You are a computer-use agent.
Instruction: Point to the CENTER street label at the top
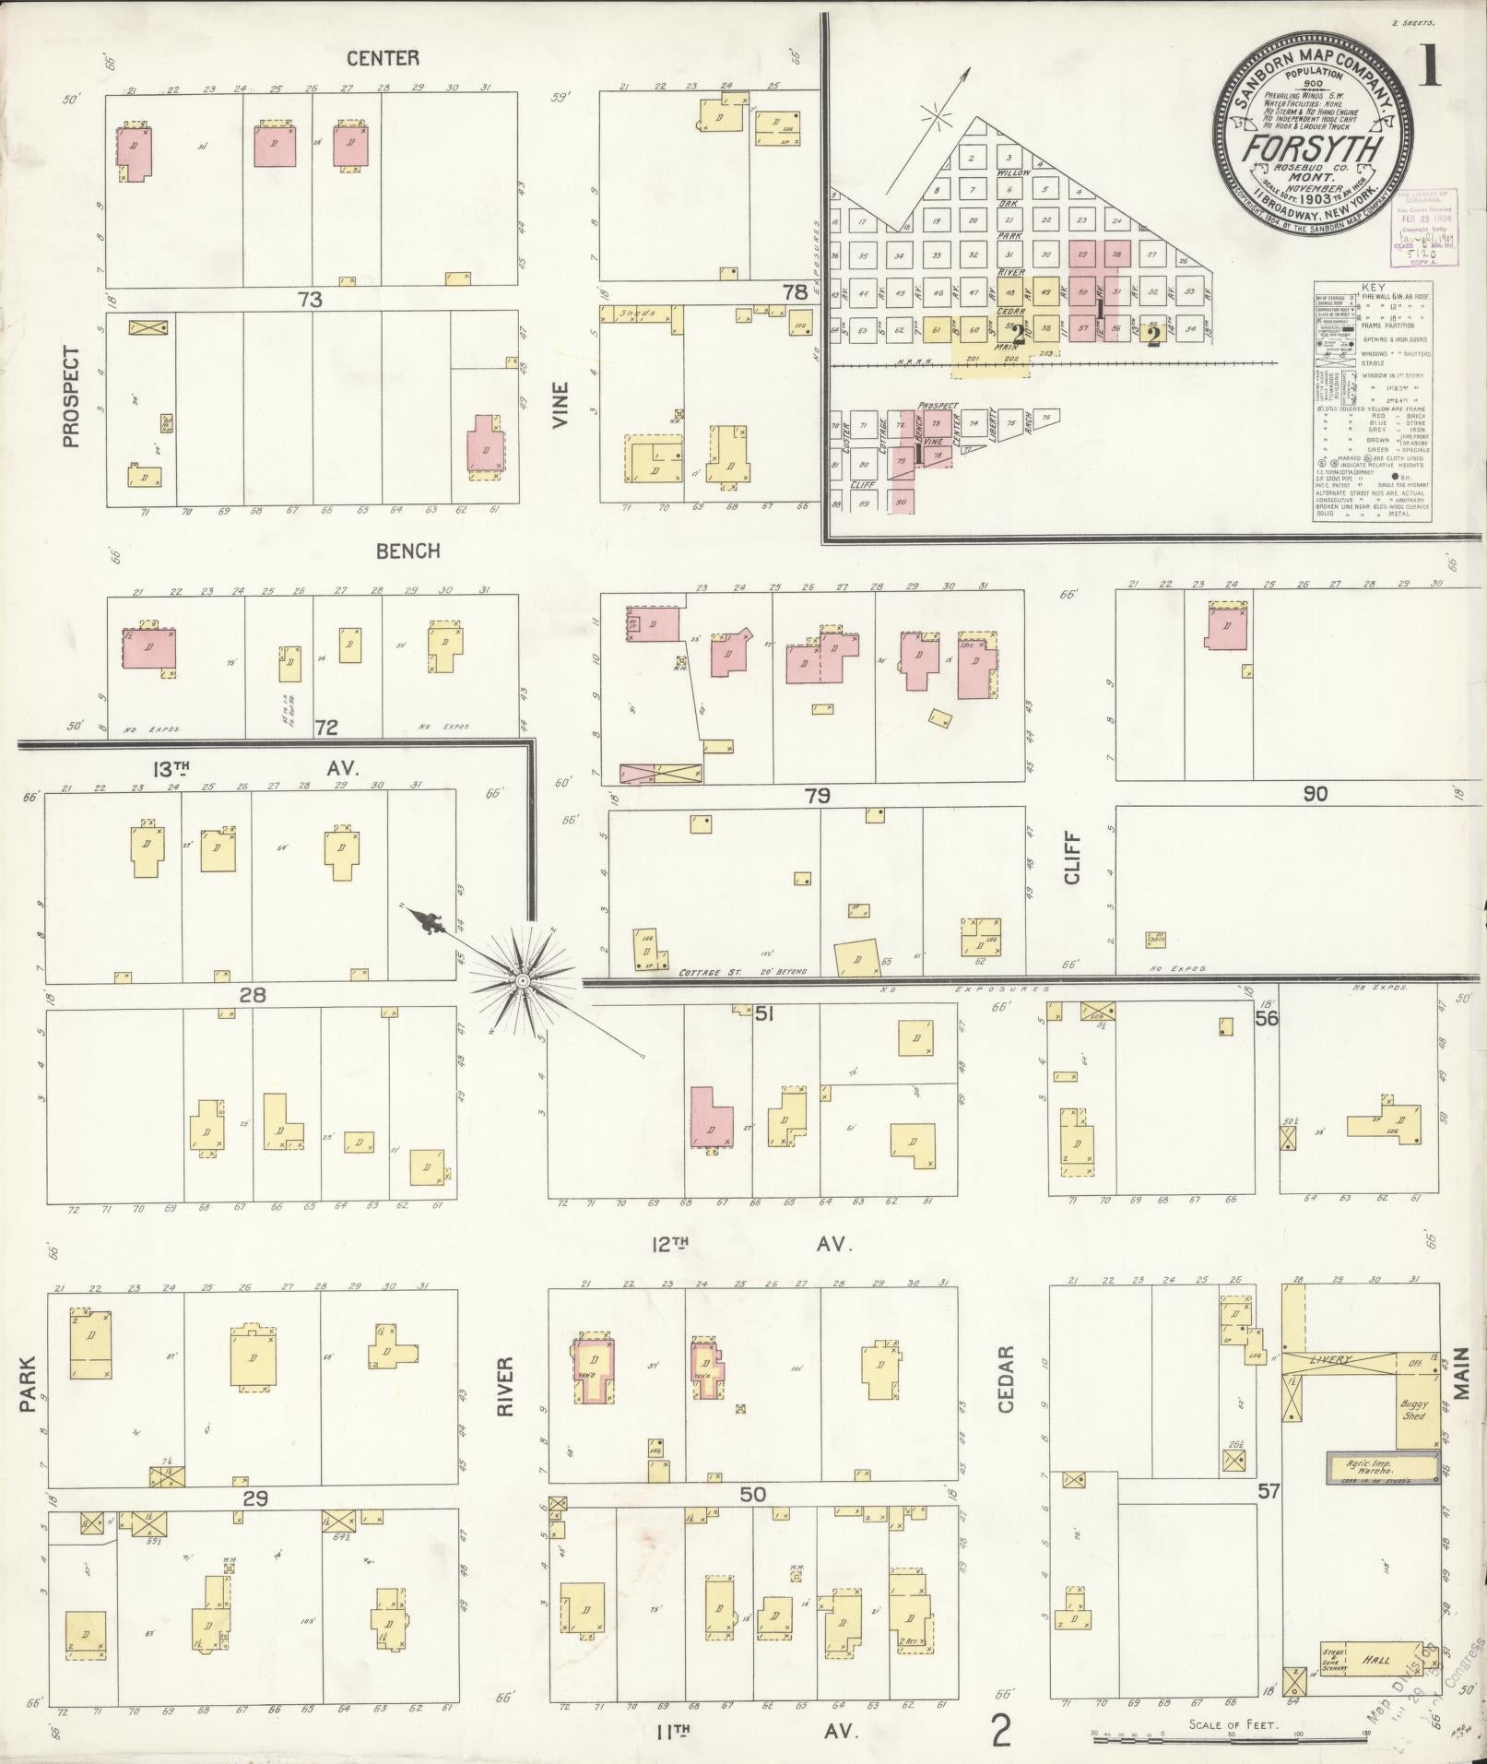click(x=383, y=58)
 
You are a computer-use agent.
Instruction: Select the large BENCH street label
click(x=407, y=551)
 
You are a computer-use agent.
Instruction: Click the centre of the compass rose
click(x=523, y=980)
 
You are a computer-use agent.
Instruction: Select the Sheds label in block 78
click(x=635, y=314)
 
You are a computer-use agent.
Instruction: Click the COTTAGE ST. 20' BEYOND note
click(x=743, y=972)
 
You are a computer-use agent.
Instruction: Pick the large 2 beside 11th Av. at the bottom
click(x=1000, y=1731)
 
